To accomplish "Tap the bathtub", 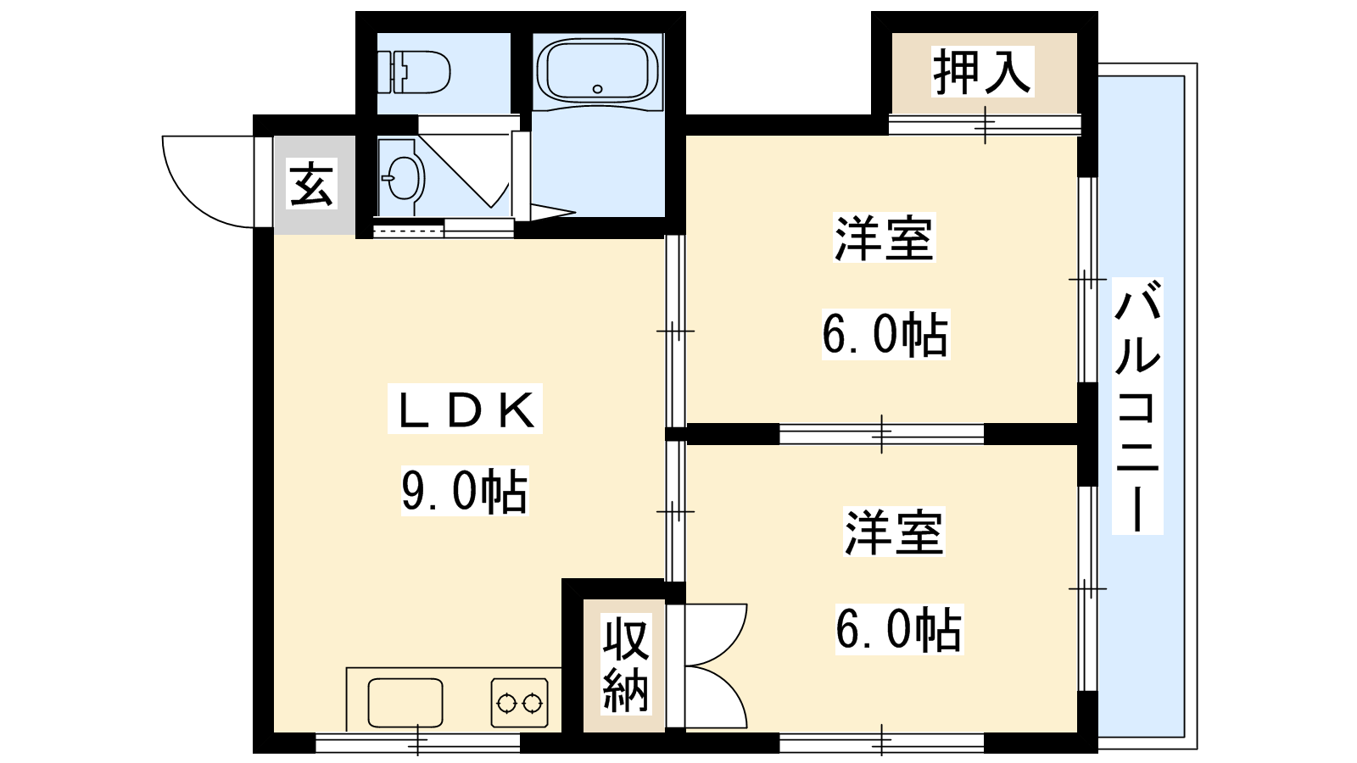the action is (597, 72).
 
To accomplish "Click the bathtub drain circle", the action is (597, 89).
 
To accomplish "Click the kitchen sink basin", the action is (405, 703).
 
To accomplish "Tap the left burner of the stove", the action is (505, 704).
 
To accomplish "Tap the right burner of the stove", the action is (533, 704).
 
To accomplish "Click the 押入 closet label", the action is (982, 71).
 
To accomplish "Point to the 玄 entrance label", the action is (311, 183).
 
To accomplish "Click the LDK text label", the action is (466, 409).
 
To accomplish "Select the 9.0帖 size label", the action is (465, 491).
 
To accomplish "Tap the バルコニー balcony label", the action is (1137, 406).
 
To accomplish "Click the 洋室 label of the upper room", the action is (885, 237).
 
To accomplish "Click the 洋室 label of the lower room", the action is (895, 532).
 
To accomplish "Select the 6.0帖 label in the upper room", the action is (885, 335).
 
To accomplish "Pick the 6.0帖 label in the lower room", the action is (900, 630).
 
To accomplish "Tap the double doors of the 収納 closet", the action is (715, 666).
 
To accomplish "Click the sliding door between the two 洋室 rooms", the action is (881, 434).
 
